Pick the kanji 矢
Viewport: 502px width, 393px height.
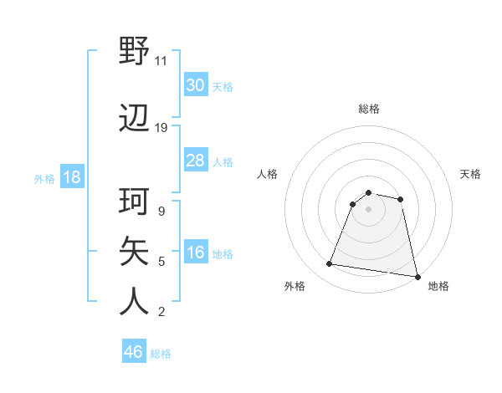(135, 251)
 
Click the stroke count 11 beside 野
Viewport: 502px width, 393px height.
(161, 61)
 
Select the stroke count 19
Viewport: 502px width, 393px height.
(161, 128)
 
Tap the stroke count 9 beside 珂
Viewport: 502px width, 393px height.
(161, 212)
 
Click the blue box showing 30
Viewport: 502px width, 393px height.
(195, 85)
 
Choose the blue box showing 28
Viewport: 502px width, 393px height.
(195, 161)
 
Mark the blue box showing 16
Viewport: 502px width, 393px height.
(195, 253)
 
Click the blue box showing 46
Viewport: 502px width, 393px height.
(134, 352)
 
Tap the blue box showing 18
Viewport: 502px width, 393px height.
(71, 177)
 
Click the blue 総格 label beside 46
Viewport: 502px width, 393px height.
(161, 354)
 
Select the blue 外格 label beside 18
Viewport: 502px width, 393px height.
(44, 179)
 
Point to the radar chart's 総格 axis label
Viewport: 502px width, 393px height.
(369, 109)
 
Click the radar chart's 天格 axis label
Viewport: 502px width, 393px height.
(470, 174)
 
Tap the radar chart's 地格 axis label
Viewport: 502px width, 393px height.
(438, 287)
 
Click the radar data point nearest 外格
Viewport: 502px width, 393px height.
(330, 264)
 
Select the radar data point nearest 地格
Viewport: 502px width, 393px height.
(416, 275)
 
